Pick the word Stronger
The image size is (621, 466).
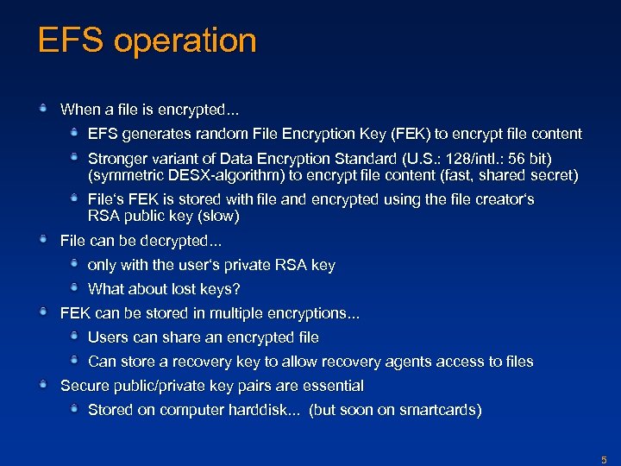click(119, 160)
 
